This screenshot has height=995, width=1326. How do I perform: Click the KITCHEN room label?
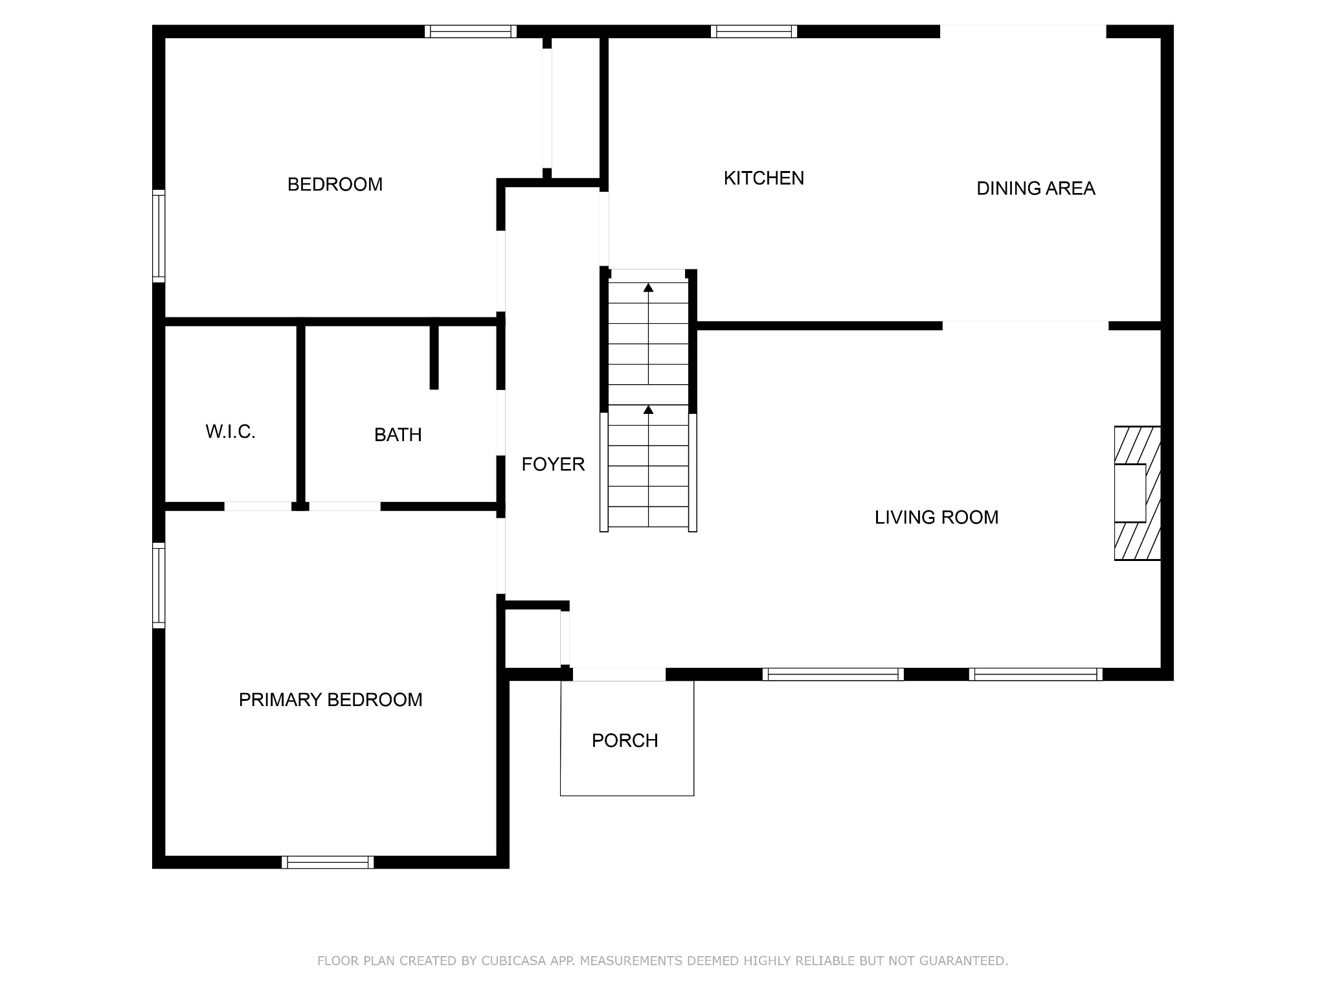[764, 178]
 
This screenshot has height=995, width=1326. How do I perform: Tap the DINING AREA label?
[1036, 189]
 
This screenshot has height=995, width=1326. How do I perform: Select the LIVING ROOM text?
[936, 518]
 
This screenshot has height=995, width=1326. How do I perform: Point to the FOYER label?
[553, 464]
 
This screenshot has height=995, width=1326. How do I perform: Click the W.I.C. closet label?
[230, 432]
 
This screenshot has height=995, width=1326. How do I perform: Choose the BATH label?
[398, 435]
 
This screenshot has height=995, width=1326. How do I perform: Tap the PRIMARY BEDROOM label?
[330, 700]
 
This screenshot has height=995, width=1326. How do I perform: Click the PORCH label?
[625, 740]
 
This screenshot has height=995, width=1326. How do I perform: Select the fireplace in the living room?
[1137, 493]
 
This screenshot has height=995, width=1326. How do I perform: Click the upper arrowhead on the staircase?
[648, 288]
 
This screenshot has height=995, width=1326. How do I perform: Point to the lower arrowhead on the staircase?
[648, 409]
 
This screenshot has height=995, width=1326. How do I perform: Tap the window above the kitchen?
[754, 32]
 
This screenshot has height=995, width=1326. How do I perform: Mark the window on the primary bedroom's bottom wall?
[328, 862]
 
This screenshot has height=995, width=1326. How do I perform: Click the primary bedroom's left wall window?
[159, 586]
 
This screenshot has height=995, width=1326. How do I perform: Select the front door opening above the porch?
[619, 674]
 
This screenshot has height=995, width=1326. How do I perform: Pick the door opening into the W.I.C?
[258, 507]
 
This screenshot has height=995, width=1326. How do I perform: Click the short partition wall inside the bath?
[434, 357]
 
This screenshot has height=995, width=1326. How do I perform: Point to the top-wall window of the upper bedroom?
[471, 32]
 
